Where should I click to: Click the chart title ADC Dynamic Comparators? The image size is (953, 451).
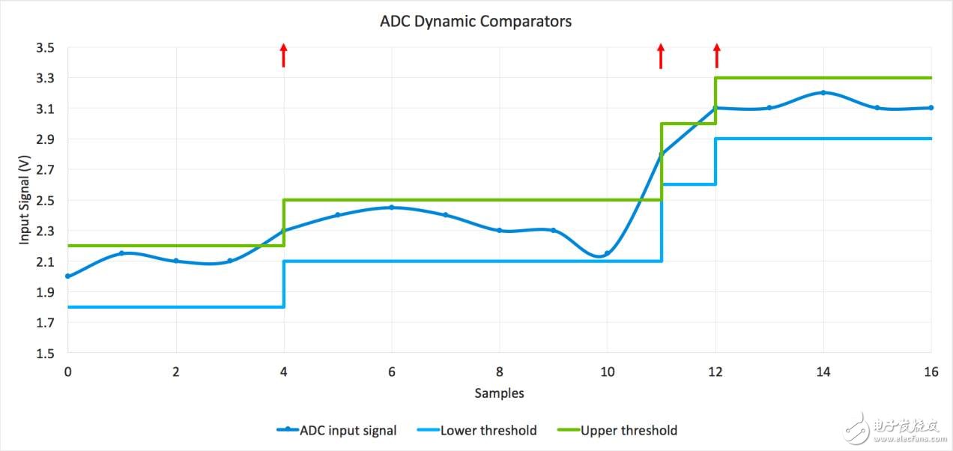tap(476, 22)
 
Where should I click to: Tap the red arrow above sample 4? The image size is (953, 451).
tap(283, 55)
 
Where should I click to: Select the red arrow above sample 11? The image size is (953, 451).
tap(660, 55)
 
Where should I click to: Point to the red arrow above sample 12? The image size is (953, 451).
tap(716, 55)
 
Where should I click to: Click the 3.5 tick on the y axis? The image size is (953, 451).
tap(45, 48)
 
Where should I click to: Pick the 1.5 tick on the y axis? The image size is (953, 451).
tap(45, 354)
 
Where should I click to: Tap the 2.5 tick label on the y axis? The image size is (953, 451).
tap(45, 201)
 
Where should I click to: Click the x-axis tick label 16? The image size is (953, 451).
tap(931, 372)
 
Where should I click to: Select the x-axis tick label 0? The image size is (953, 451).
tap(68, 372)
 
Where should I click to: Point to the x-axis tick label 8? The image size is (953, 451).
tap(500, 372)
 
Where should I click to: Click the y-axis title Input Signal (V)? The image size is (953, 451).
tap(24, 200)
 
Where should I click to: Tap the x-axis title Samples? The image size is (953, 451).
tap(499, 393)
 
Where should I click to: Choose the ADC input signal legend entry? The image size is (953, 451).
tap(337, 430)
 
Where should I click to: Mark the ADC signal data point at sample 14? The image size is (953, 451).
tap(823, 93)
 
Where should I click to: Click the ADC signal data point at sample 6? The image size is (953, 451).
tap(391, 208)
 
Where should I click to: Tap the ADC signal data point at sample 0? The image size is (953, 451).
tap(68, 276)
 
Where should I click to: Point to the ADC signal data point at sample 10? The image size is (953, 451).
tap(607, 253)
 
